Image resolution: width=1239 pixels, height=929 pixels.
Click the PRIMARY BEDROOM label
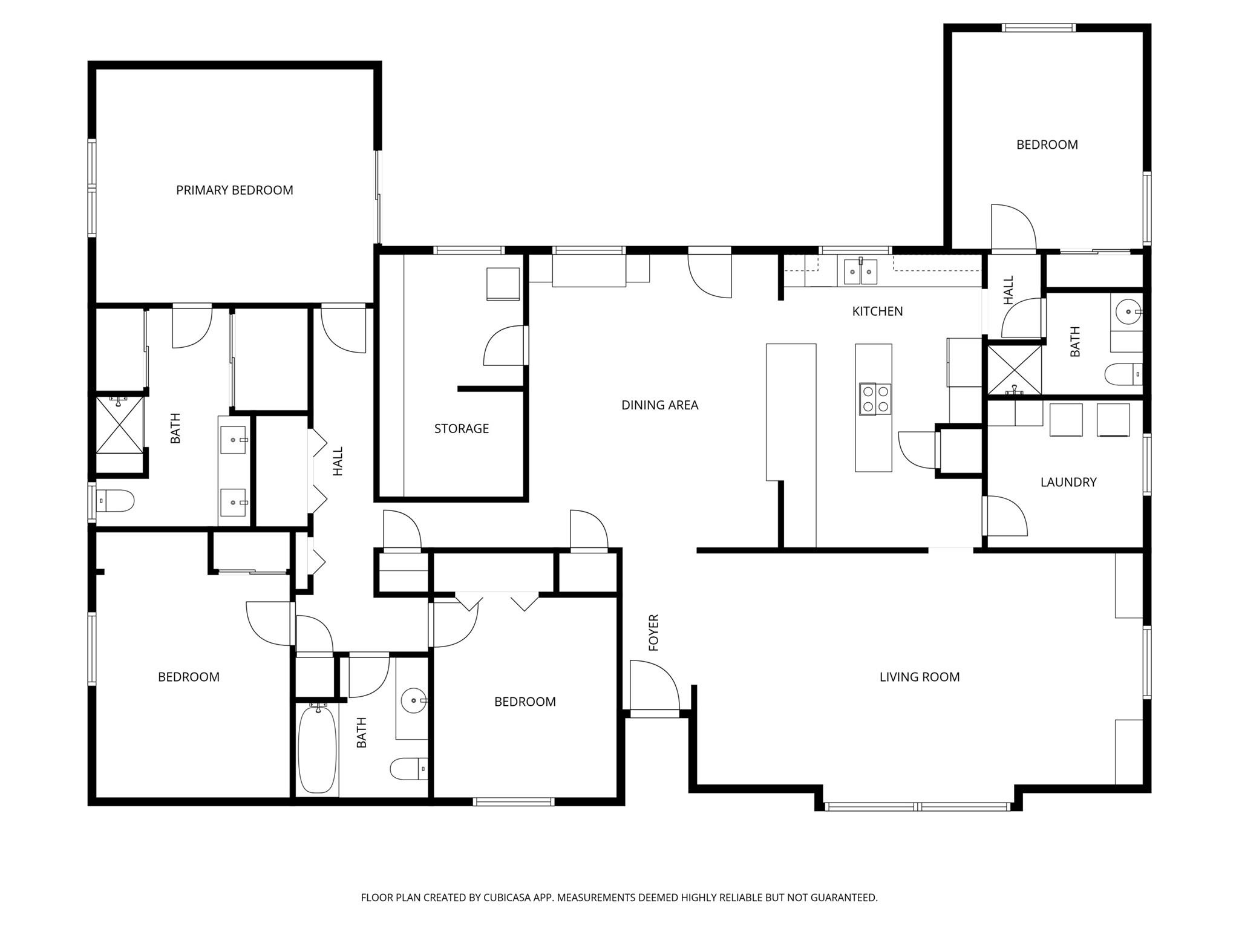(x=234, y=191)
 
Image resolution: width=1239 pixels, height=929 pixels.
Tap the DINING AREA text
(x=659, y=405)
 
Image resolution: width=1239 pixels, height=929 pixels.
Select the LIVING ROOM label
(x=919, y=677)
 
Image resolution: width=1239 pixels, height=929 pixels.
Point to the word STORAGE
(x=461, y=429)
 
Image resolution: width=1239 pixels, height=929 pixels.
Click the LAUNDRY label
(x=1068, y=482)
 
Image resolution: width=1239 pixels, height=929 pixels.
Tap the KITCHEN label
(x=877, y=311)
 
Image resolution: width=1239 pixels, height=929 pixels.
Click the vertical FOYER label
(x=653, y=633)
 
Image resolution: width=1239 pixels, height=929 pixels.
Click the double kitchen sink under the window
(x=860, y=272)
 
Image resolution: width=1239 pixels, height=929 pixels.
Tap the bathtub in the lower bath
(x=317, y=749)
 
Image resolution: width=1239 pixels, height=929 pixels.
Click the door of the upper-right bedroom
(x=1012, y=228)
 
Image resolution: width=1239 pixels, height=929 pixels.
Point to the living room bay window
(x=918, y=806)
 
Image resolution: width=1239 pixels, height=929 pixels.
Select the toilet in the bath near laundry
(x=1123, y=374)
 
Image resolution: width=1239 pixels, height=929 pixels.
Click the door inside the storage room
(x=504, y=347)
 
